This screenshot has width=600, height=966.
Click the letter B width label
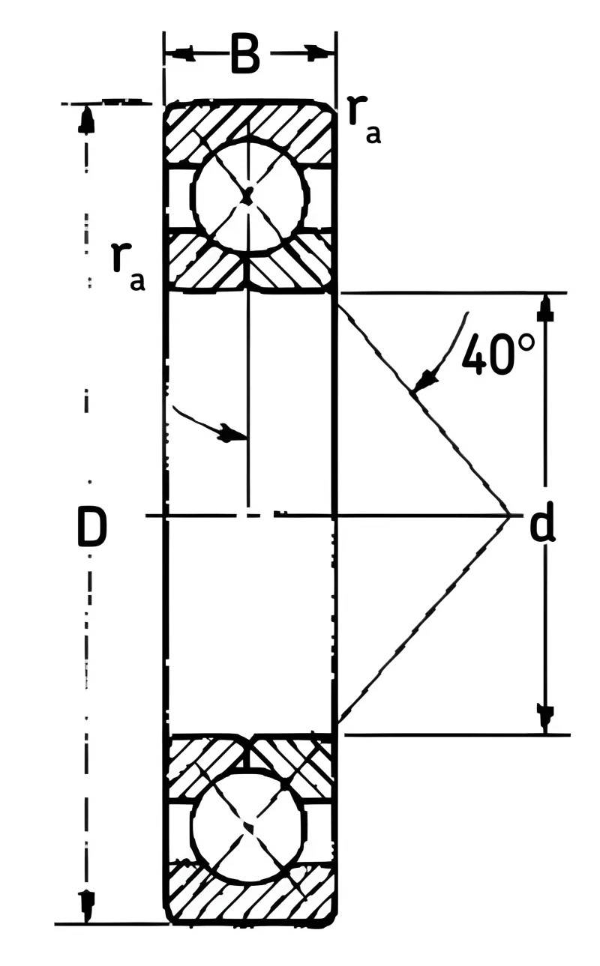point(245,53)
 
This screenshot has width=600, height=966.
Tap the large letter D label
point(91,526)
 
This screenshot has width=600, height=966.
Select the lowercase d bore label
point(542,522)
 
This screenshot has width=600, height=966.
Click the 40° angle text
point(498,354)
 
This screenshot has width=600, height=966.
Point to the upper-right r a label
point(364,119)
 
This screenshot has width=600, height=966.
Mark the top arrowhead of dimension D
point(86,118)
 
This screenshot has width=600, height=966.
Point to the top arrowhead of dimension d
point(545,307)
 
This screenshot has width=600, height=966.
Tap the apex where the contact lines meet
point(509,515)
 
